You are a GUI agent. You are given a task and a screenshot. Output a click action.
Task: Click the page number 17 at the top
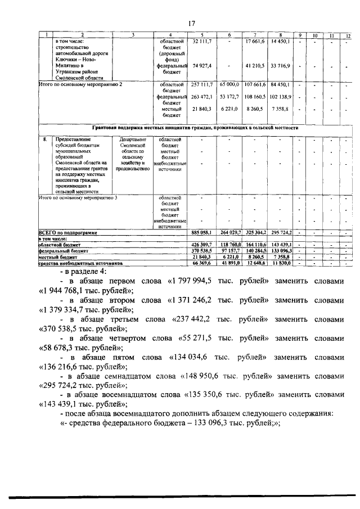click(x=191, y=23)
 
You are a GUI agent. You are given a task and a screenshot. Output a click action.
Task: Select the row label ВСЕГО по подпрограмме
click(x=68, y=232)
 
